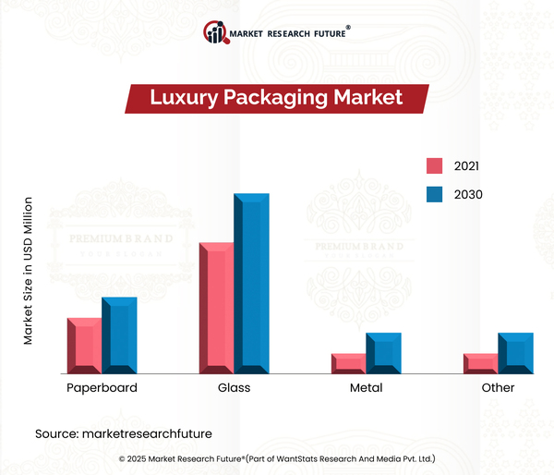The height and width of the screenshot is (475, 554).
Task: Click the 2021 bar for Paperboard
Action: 85,346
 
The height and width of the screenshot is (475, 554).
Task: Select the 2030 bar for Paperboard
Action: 119,335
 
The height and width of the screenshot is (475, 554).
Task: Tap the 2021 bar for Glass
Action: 217,308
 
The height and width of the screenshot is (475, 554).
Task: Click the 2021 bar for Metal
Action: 349,363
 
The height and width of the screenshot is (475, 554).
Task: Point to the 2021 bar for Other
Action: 481,363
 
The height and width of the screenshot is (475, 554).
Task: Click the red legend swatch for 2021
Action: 434,166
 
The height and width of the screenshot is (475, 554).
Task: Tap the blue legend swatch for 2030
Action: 434,194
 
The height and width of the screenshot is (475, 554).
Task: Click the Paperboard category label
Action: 102,388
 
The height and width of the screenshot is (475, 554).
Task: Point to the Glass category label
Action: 234,388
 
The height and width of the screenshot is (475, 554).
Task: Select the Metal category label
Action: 366,388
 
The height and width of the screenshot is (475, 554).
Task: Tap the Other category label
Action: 498,388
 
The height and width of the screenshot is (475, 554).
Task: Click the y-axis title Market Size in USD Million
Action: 29,271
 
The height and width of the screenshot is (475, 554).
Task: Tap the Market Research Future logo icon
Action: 218,34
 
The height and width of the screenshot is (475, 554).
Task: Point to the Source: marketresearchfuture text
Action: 124,432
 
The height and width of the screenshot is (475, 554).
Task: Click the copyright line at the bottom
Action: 277,458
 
